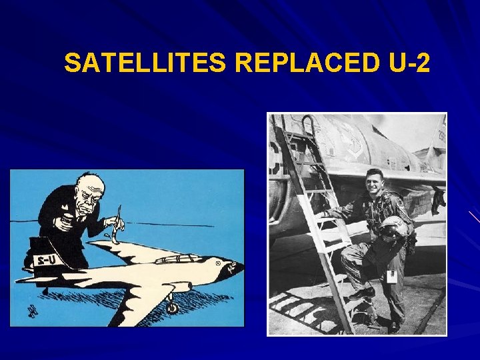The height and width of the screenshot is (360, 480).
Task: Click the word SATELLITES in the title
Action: click(146, 63)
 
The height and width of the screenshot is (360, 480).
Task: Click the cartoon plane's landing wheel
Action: click(172, 307)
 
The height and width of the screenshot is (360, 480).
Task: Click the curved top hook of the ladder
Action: click(309, 123)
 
